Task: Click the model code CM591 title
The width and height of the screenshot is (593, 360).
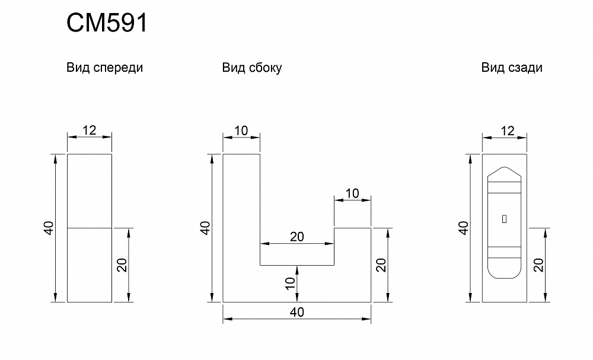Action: coord(106,24)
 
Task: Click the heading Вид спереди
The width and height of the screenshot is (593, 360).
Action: coord(105,68)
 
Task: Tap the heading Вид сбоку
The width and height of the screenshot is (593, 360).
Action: coord(252,68)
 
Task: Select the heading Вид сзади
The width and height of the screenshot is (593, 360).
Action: coord(512,68)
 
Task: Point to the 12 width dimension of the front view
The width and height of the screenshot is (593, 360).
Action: coord(90,130)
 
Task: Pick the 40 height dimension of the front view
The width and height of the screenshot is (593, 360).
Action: coord(49,228)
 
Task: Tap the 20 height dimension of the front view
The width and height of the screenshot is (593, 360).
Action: coord(122,265)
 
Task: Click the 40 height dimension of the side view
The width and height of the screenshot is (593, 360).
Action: coord(205,228)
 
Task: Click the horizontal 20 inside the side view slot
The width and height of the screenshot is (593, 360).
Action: coord(297,237)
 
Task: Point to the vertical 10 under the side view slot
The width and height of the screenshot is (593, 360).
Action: coord(290,283)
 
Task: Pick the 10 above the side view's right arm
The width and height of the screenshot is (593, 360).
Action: coord(352,193)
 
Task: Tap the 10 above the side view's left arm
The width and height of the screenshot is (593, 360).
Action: coord(241,130)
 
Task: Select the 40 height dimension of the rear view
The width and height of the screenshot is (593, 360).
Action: coord(464,228)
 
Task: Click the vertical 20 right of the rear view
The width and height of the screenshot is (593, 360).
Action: coord(538,265)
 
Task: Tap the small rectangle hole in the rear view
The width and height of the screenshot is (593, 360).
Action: coord(504,219)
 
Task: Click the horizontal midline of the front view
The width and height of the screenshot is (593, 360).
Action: coord(90,228)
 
